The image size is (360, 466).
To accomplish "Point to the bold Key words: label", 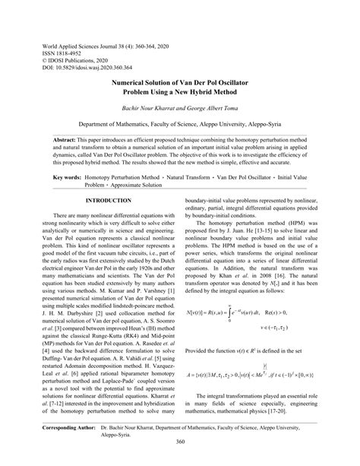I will coord(71,176).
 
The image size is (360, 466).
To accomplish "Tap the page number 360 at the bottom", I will coord(180,443).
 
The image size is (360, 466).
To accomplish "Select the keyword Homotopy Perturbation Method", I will coord(122,176).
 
